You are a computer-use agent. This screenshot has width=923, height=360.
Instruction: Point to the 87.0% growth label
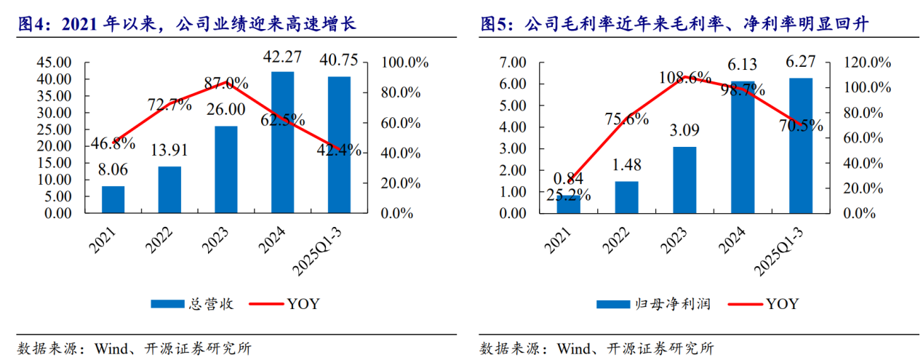click(227, 82)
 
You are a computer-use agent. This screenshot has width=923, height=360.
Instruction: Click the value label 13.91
click(169, 151)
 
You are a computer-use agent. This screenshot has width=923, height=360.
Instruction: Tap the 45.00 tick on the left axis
click(54, 63)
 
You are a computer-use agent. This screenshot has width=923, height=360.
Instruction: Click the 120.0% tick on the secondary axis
click(868, 63)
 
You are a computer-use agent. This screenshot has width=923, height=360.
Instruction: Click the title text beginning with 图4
click(187, 25)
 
